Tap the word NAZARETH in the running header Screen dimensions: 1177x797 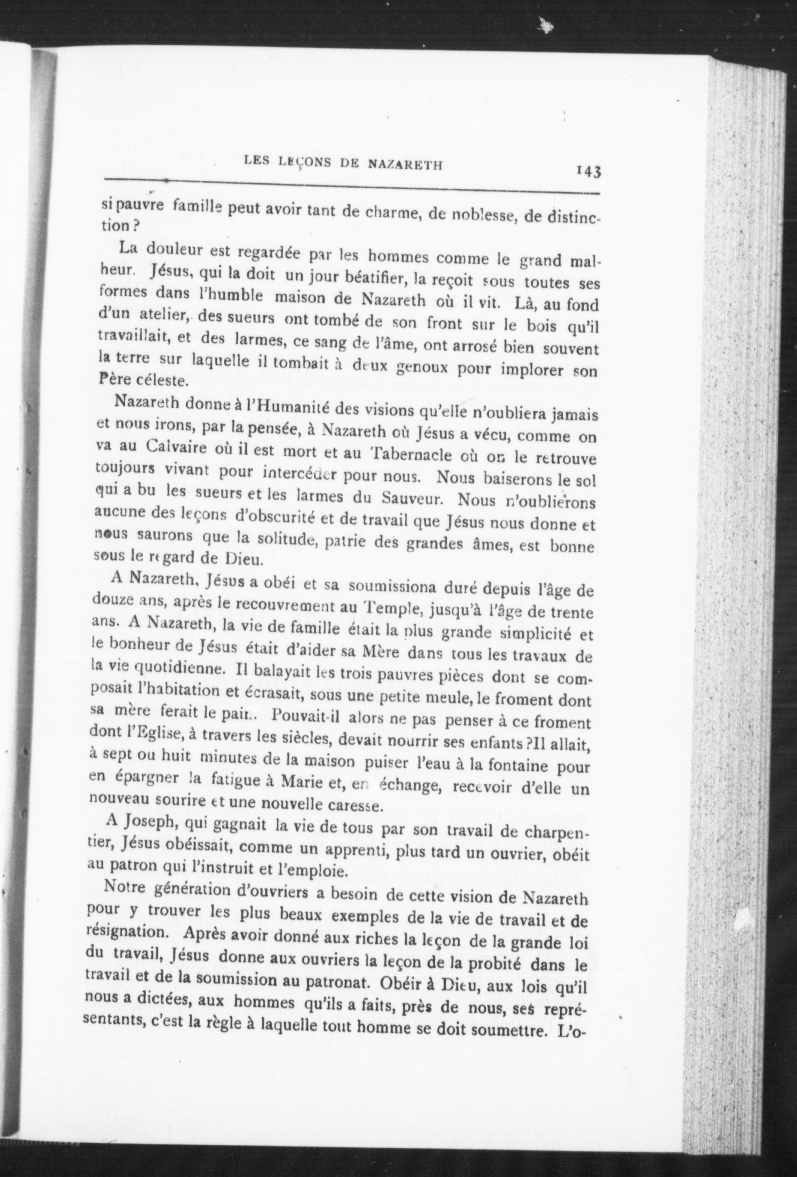(x=404, y=164)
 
